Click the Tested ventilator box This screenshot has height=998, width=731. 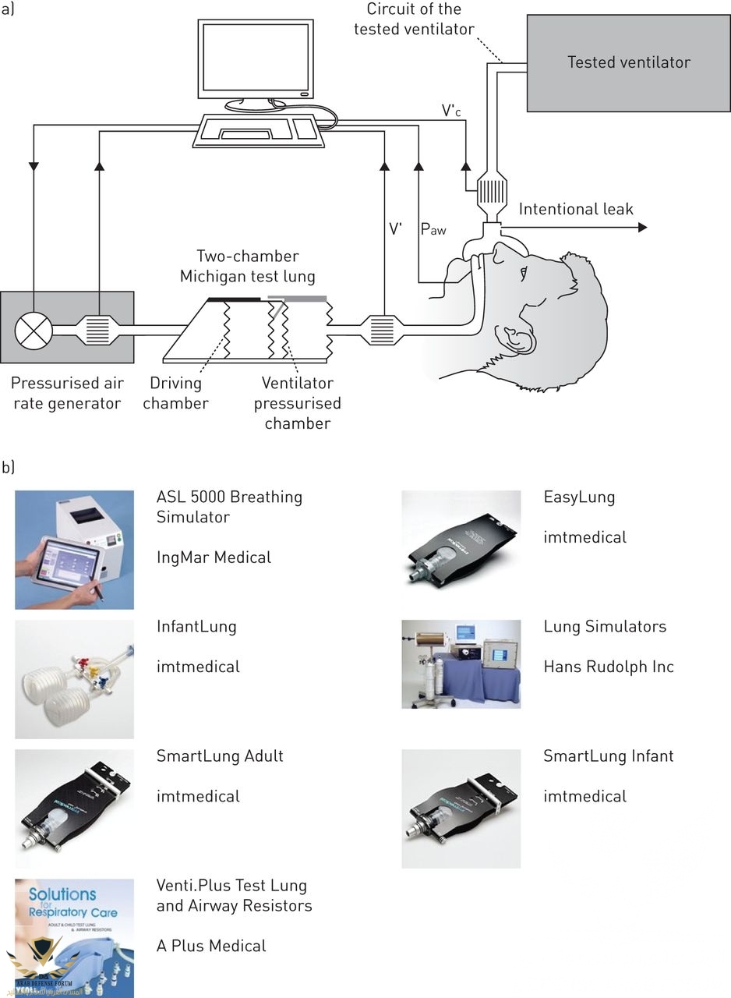(x=628, y=62)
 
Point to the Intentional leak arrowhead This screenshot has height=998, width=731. (x=642, y=227)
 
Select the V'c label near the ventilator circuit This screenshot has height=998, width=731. (x=451, y=111)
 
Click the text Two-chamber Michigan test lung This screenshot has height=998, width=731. (x=247, y=266)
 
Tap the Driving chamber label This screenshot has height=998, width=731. (x=175, y=393)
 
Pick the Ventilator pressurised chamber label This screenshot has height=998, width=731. (x=297, y=403)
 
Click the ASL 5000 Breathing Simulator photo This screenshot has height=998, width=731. (x=74, y=550)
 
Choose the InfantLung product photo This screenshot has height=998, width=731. (x=74, y=679)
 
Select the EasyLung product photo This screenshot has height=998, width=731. (x=461, y=539)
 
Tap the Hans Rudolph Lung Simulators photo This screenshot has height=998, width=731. (x=461, y=664)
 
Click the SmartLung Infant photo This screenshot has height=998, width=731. (x=461, y=809)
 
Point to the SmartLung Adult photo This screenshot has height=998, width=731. (x=74, y=809)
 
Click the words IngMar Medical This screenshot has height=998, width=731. (x=214, y=557)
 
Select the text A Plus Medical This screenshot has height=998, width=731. (x=211, y=946)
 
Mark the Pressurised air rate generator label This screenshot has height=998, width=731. (x=66, y=393)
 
